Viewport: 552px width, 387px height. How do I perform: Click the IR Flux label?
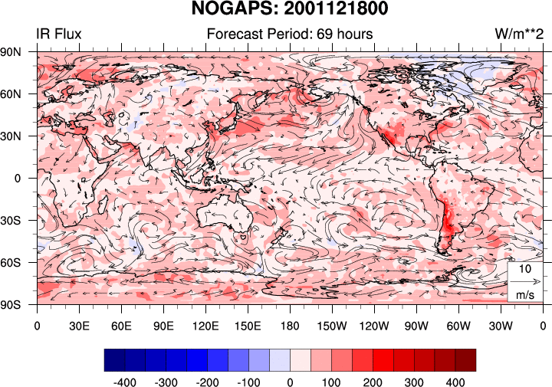58,34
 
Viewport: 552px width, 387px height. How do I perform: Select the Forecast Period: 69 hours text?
290,34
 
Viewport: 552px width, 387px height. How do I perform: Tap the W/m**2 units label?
519,34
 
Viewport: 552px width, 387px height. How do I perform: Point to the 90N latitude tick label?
18,52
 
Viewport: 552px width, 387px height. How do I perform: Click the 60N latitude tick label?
18,94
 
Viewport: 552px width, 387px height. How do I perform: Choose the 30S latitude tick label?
18,221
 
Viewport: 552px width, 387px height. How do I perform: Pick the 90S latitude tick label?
18,305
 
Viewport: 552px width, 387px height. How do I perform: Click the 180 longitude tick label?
290,325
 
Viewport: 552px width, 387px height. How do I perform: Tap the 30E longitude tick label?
79,325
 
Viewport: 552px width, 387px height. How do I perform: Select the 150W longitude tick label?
332,325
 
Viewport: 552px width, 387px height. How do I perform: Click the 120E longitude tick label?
205,325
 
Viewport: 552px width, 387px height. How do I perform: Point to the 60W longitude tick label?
458,325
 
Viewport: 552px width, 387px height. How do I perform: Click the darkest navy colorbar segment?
113,360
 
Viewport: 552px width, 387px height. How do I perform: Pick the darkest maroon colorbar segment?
465,360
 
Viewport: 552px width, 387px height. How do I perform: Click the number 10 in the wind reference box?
525,270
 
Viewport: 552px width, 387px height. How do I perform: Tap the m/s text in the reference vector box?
525,294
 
